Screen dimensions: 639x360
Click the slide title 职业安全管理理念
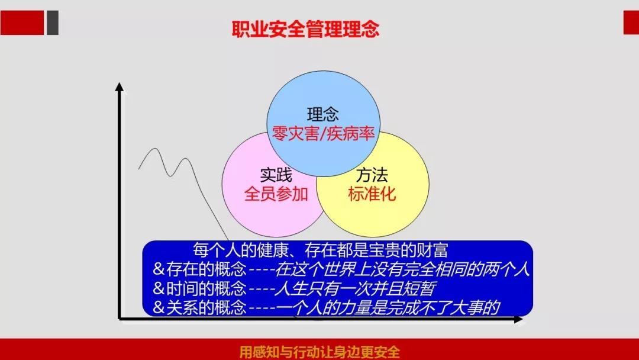click(x=306, y=29)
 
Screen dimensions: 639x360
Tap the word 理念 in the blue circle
click(x=323, y=114)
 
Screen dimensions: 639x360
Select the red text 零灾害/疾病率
click(x=323, y=133)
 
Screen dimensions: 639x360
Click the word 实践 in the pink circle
click(x=276, y=175)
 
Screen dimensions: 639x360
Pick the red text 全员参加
click(x=276, y=194)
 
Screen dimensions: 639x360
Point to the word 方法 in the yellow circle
click(x=372, y=175)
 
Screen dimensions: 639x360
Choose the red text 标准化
click(x=372, y=194)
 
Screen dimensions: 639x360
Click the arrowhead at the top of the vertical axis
click(x=119, y=86)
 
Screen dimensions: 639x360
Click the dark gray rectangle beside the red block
click(x=53, y=23)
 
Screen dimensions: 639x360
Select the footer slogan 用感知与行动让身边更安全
click(x=319, y=352)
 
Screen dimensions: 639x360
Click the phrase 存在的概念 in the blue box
click(x=206, y=269)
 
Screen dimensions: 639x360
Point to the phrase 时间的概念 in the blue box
click(x=206, y=289)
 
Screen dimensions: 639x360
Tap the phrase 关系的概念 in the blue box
click(x=206, y=307)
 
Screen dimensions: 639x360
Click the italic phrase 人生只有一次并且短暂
click(x=355, y=289)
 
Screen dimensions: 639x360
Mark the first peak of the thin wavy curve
click(x=155, y=149)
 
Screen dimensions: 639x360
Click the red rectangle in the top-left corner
click(x=22, y=23)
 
